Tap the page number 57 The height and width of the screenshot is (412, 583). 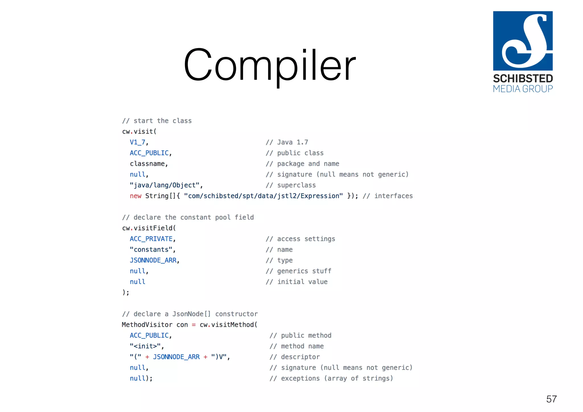(x=551, y=399)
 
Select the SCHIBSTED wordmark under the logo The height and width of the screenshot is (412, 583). (x=523, y=79)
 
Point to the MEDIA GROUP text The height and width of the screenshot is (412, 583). (x=523, y=89)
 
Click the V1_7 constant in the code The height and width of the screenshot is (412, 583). (x=138, y=142)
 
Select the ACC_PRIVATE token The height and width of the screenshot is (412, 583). (x=151, y=239)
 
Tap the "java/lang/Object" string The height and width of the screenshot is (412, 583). (x=165, y=185)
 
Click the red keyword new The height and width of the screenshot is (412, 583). (x=136, y=196)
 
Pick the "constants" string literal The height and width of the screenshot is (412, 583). (x=151, y=250)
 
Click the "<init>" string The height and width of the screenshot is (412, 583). (x=145, y=346)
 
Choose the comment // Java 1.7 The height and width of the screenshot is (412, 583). (x=287, y=142)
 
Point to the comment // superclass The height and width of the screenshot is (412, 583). (x=291, y=185)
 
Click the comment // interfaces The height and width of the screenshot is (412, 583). (x=387, y=196)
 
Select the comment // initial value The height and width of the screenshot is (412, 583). (x=297, y=282)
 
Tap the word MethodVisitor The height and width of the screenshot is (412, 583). (x=147, y=325)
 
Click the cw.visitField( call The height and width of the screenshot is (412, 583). (x=149, y=228)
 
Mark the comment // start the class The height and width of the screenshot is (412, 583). (x=157, y=121)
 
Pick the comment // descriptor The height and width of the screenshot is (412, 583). (x=295, y=357)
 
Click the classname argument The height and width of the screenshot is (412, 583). (x=147, y=164)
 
